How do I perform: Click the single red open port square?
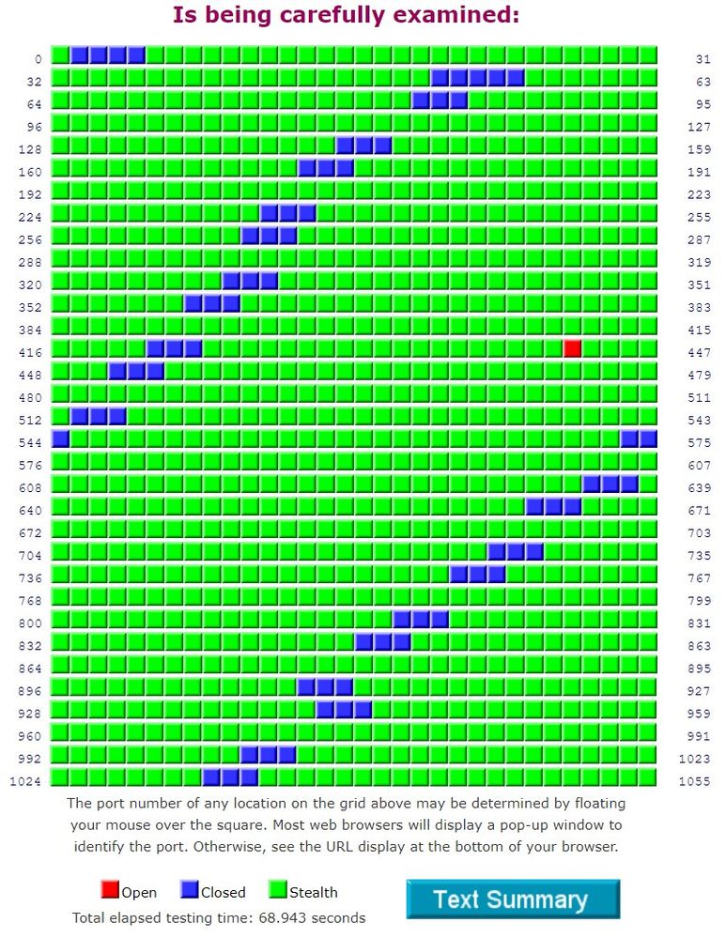pos(572,348)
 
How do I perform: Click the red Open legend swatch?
pos(110,890)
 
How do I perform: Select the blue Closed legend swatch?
pos(189,890)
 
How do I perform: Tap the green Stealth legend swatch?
pos(277,890)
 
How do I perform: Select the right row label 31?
pos(703,59)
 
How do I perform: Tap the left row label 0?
pos(38,59)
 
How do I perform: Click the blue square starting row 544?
pos(61,438)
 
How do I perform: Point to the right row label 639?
pos(699,487)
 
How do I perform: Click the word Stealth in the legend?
pos(314,892)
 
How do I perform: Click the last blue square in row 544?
pos(648,438)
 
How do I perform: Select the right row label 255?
pos(699,217)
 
